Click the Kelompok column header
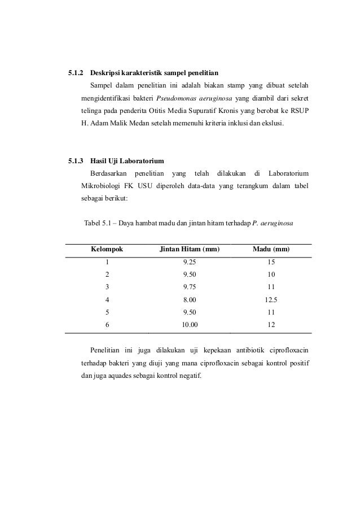pyautogui.click(x=107, y=249)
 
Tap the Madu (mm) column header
pyautogui.click(x=271, y=249)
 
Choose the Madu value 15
pyautogui.click(x=271, y=262)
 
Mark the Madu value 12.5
pyautogui.click(x=271, y=299)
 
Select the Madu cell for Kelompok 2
pyautogui.click(x=271, y=274)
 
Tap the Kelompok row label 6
pyautogui.click(x=107, y=325)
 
